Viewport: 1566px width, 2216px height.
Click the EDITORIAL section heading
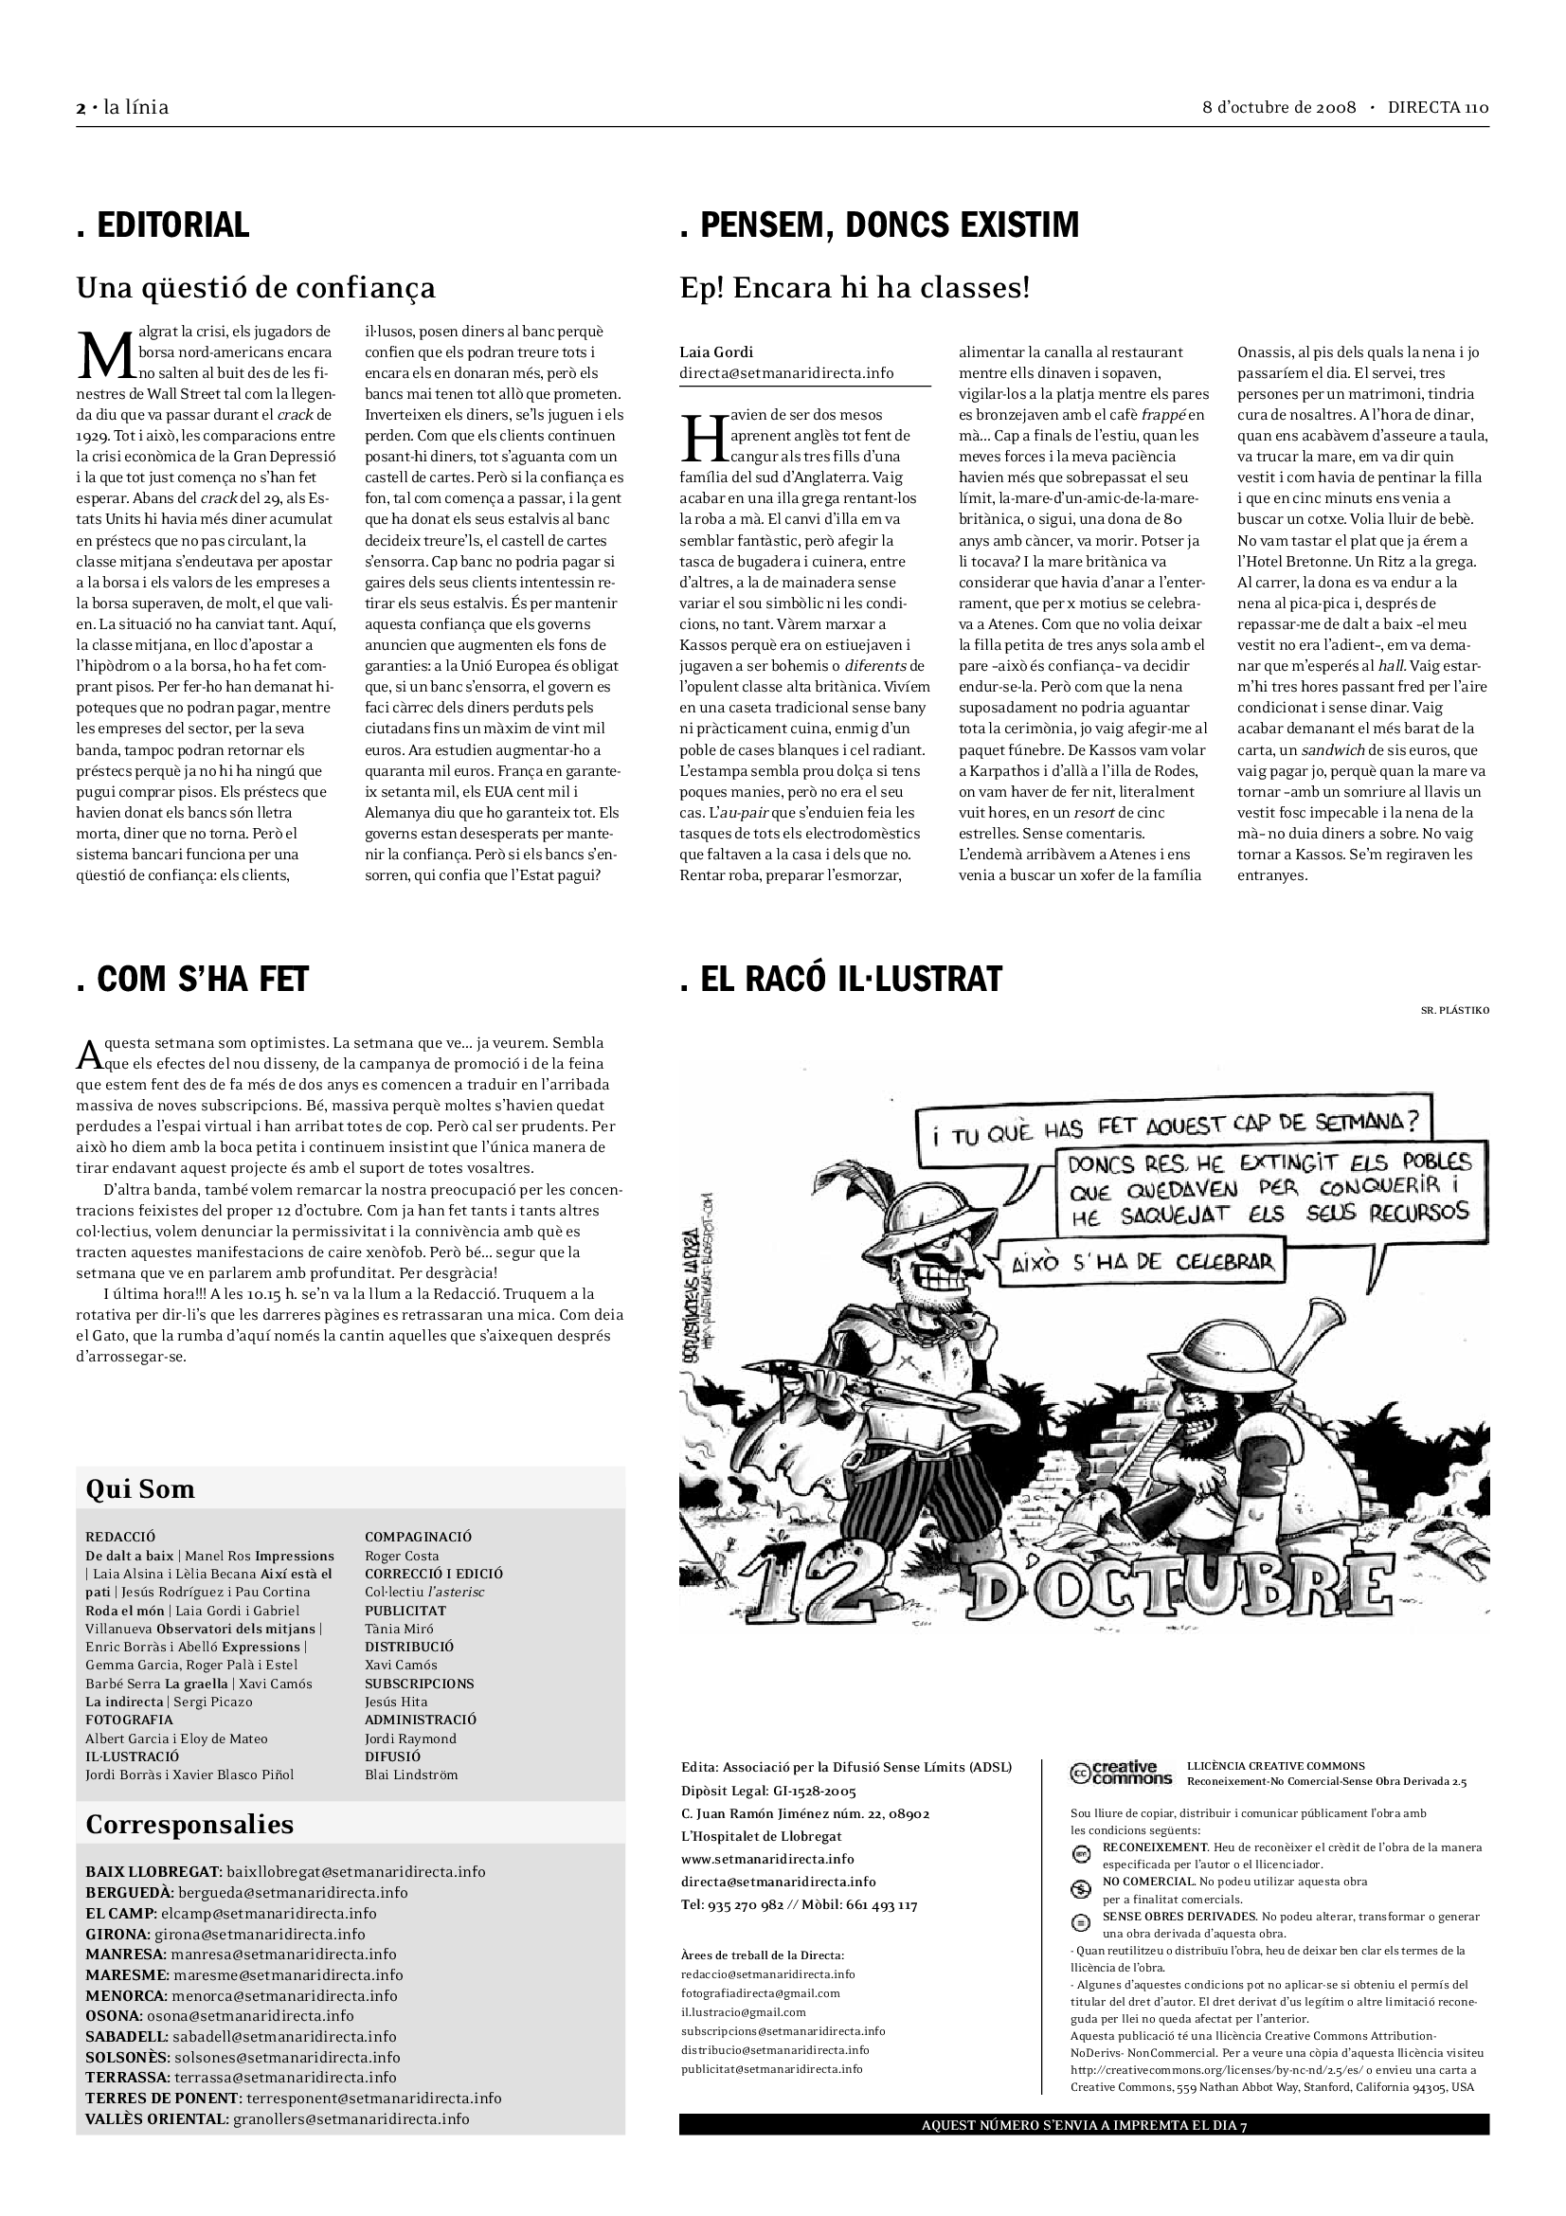(163, 225)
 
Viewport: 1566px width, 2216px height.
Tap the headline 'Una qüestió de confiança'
(256, 288)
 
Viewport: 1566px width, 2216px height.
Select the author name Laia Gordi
(716, 352)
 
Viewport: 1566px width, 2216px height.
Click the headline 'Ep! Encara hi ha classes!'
(855, 288)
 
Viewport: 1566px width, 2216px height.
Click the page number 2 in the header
(81, 108)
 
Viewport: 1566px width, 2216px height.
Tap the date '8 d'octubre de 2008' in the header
(1280, 107)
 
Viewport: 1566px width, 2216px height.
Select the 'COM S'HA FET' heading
(192, 980)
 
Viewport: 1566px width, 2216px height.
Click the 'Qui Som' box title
(140, 1489)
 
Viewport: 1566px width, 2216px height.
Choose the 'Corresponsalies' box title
(189, 1824)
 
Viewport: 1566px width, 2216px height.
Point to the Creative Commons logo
(1120, 1773)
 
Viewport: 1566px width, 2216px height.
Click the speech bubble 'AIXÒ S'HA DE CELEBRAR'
(1143, 1261)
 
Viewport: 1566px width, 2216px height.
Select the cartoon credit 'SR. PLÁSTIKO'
(1454, 1011)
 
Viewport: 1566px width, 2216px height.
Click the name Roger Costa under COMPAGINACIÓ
(402, 1556)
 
